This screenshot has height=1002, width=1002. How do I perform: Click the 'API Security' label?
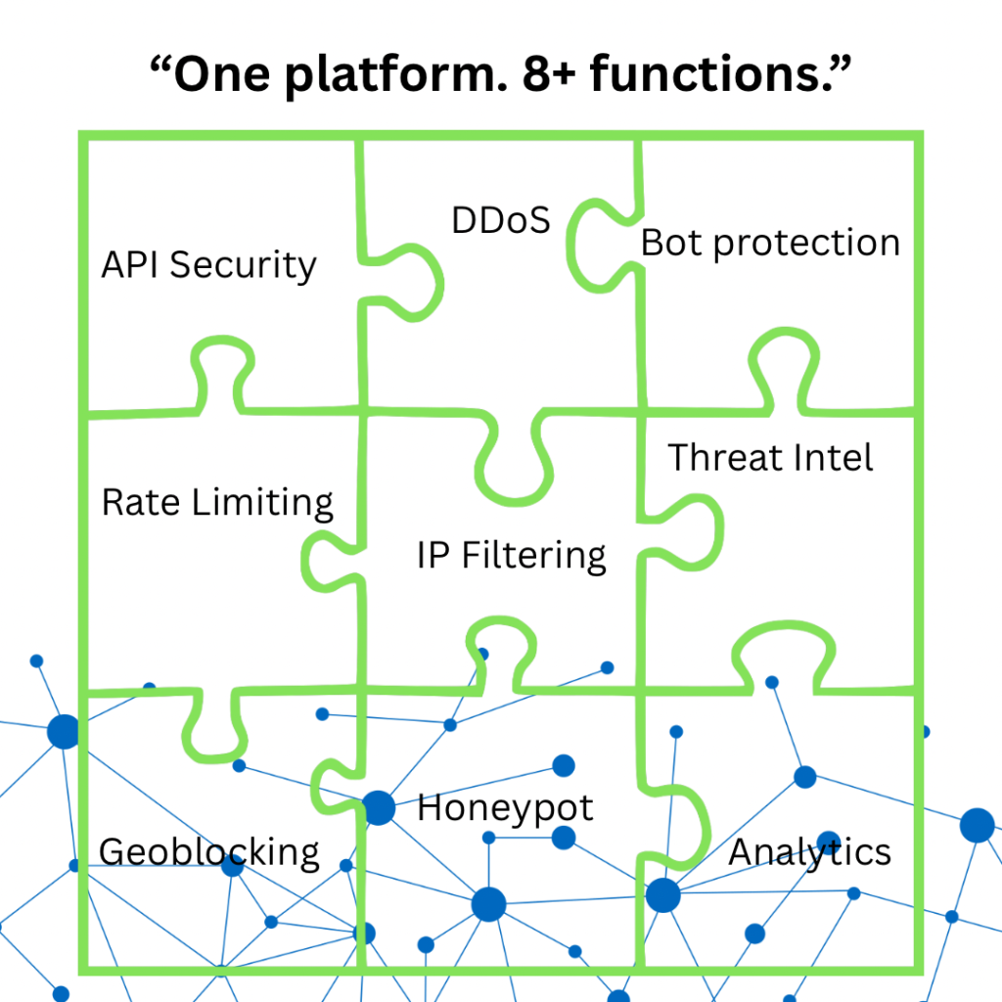[209, 265]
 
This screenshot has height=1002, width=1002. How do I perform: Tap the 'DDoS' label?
[501, 220]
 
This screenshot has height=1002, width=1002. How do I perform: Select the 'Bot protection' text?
[771, 244]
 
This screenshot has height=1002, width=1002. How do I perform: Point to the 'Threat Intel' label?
[770, 458]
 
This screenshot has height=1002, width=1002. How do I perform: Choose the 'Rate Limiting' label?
[217, 503]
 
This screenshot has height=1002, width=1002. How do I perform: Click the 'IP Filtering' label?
[511, 556]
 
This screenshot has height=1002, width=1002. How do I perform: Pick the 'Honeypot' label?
[506, 808]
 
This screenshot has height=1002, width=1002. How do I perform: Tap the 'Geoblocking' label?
[209, 852]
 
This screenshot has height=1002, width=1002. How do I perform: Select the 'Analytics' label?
[809, 852]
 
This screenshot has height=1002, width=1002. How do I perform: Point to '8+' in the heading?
[549, 74]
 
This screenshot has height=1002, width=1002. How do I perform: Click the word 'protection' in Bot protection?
[806, 245]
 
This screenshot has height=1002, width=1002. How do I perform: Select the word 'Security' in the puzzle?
[243, 266]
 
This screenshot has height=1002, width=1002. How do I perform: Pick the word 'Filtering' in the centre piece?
[533, 556]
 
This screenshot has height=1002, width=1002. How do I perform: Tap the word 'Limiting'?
[262, 503]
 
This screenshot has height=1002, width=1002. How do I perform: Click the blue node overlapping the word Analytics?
[829, 843]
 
